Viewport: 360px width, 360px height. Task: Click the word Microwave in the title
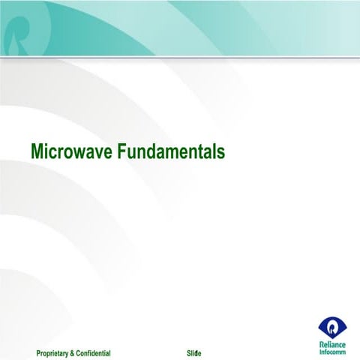(x=72, y=152)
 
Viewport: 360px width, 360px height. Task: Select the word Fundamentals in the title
(x=171, y=152)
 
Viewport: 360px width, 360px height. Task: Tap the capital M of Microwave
(x=37, y=152)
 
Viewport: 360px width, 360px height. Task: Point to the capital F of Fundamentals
(x=123, y=152)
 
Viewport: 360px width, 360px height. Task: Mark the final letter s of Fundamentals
(x=220, y=153)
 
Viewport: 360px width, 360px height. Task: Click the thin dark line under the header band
(x=180, y=58)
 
